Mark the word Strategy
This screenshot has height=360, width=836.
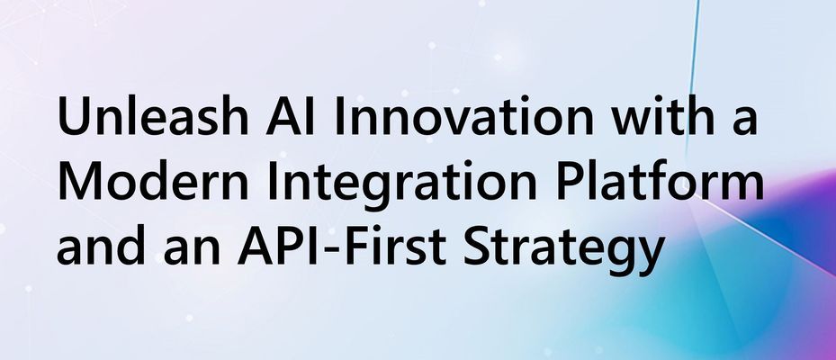(x=559, y=246)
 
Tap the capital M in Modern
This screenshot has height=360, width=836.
(x=76, y=184)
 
